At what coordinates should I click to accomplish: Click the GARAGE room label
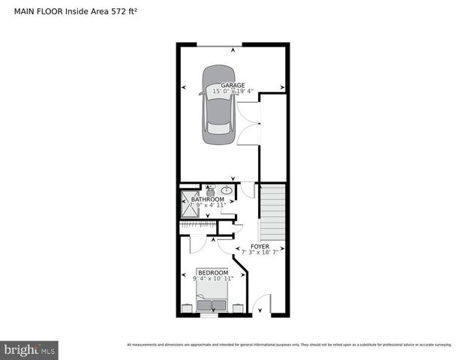point(233,85)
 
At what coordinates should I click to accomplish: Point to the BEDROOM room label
point(213,272)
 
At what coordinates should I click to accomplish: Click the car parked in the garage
point(217,106)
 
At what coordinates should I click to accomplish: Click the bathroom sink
point(225,190)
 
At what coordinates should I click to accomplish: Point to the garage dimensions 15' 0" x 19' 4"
point(233,91)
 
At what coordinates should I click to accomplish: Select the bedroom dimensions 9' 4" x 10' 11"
point(212,278)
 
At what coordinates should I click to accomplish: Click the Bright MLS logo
point(30,349)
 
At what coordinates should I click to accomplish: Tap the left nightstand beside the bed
point(186,307)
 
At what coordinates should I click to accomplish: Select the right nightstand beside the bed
point(238,307)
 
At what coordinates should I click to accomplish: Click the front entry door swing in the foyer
point(260,305)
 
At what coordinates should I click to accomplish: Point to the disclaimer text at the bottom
point(289,345)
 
